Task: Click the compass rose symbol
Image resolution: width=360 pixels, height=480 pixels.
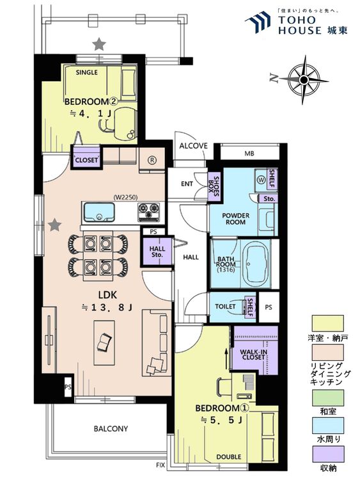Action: (x=304, y=80)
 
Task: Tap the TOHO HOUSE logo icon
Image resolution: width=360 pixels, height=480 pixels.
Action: (x=258, y=22)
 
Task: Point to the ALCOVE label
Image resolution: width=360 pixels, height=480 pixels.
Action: (x=193, y=146)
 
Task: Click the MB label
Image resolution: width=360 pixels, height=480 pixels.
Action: (x=249, y=154)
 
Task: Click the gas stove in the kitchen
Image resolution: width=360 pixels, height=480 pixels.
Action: (x=148, y=212)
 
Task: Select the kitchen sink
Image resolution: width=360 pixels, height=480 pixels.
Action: (x=99, y=212)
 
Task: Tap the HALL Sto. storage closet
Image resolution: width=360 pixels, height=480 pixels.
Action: (x=157, y=252)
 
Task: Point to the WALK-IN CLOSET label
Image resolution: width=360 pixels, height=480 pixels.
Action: (x=254, y=355)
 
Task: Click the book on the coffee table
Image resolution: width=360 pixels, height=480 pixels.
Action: (x=104, y=342)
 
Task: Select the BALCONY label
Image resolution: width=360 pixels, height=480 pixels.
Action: (x=111, y=429)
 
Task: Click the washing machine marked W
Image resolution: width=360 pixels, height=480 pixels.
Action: (x=261, y=180)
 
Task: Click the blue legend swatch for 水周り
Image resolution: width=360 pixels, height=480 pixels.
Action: (x=327, y=426)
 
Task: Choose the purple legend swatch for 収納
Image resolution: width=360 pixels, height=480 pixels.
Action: (x=327, y=454)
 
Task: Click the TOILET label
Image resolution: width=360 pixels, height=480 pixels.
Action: (x=225, y=307)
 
